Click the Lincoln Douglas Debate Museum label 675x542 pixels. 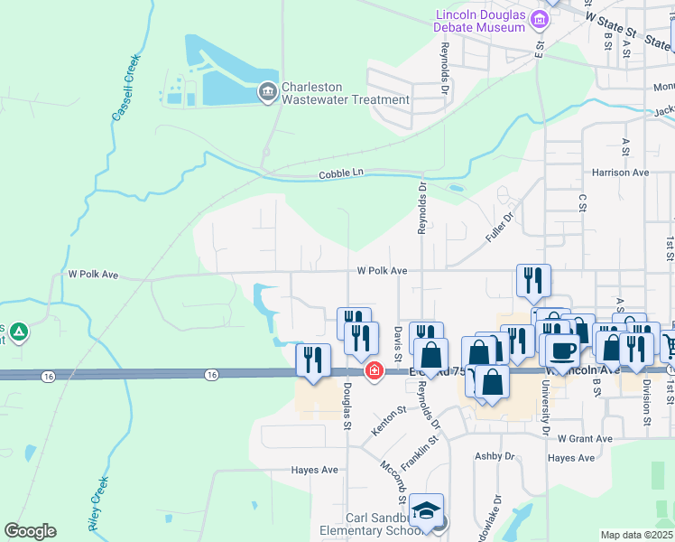480,21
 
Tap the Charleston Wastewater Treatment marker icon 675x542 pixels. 267,92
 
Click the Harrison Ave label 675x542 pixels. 621,172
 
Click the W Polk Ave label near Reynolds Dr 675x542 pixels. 382,270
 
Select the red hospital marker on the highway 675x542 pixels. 373,371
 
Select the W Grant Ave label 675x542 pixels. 585,439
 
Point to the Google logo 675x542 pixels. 30,531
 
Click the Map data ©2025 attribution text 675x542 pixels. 636,535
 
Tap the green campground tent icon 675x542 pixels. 18,333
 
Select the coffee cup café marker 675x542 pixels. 562,351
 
